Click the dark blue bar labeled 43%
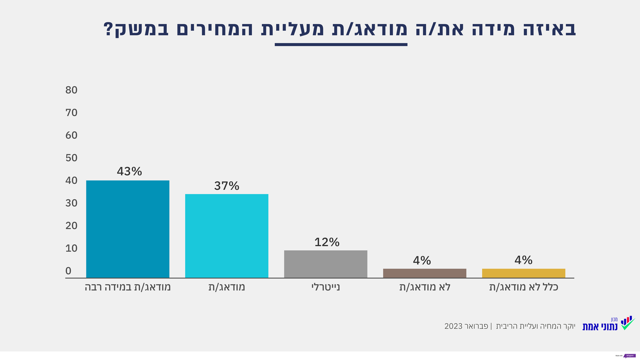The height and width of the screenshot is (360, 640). [128, 229]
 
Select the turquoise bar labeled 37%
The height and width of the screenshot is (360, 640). [226, 236]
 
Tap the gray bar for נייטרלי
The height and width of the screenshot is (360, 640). [325, 264]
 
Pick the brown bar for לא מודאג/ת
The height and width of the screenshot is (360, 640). [424, 273]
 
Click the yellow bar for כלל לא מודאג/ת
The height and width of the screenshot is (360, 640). [523, 273]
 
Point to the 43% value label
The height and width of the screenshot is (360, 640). [129, 172]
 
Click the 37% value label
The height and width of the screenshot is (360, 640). [227, 186]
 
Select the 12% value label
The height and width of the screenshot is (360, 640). [327, 242]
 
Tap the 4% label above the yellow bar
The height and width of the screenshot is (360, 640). [523, 260]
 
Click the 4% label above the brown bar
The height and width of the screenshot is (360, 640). [422, 260]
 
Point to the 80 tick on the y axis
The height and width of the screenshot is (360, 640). [71, 90]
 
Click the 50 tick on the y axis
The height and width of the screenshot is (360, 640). [71, 158]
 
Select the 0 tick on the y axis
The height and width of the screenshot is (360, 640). [69, 271]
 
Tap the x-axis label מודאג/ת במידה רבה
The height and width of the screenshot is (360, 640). [128, 288]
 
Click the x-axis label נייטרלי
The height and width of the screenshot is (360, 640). [325, 288]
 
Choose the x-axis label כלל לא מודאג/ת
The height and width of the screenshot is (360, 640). [523, 288]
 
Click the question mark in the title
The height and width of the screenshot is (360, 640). [108, 29]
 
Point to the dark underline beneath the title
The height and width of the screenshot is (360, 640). [341, 44]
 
